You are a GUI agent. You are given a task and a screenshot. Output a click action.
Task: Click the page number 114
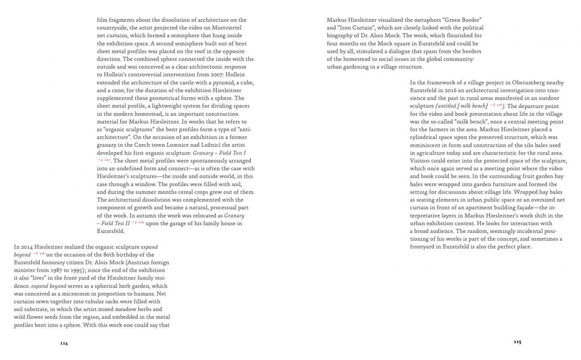coord(64,343)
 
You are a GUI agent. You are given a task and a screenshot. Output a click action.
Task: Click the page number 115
coord(517,342)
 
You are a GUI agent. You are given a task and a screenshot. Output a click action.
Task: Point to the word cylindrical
coord(427,137)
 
